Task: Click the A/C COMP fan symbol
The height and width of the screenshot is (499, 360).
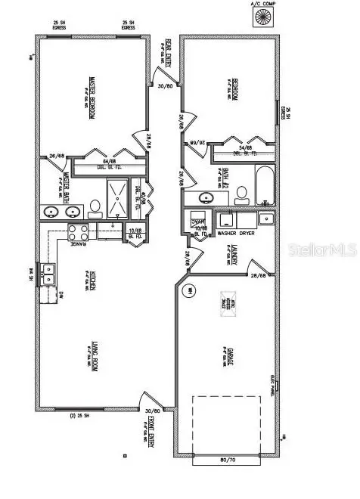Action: (265, 17)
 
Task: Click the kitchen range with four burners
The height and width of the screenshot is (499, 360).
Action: (79, 231)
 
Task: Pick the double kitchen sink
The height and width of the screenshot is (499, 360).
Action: (50, 273)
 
